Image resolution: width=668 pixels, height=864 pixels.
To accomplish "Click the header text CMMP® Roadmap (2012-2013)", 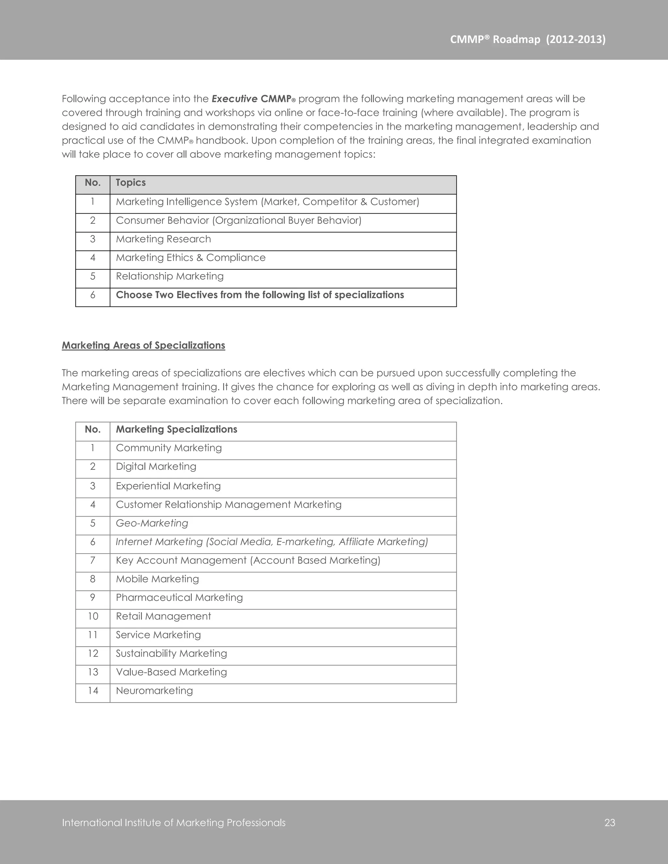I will (x=527, y=39).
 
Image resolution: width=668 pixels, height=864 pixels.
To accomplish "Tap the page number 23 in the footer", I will (x=609, y=823).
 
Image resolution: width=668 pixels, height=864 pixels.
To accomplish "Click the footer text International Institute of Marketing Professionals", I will (x=174, y=823).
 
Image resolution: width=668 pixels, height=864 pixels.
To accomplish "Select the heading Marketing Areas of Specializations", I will (x=143, y=345).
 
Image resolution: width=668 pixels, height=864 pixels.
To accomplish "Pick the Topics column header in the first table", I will (x=130, y=183).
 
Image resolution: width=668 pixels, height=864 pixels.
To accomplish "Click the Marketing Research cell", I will (x=163, y=239).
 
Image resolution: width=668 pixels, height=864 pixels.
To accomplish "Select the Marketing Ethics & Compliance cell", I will (x=190, y=258).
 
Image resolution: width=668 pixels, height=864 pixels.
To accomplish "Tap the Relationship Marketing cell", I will (x=169, y=276).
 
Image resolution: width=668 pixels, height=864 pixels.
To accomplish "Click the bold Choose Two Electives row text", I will (x=260, y=295).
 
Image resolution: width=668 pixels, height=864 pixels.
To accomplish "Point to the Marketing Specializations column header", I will (x=176, y=430).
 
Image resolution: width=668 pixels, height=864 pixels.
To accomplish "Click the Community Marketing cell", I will (x=169, y=448).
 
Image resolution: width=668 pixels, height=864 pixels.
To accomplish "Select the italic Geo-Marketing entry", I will (x=152, y=523).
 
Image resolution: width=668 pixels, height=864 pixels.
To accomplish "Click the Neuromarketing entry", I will (x=154, y=691).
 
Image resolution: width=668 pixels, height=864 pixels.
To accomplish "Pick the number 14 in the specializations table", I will (x=93, y=691).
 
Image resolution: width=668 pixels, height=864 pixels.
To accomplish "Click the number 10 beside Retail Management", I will (x=93, y=616).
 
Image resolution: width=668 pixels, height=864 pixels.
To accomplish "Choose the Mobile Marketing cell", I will (x=157, y=579).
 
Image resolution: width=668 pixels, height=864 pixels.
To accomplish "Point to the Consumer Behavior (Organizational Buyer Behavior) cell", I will (x=238, y=220).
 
